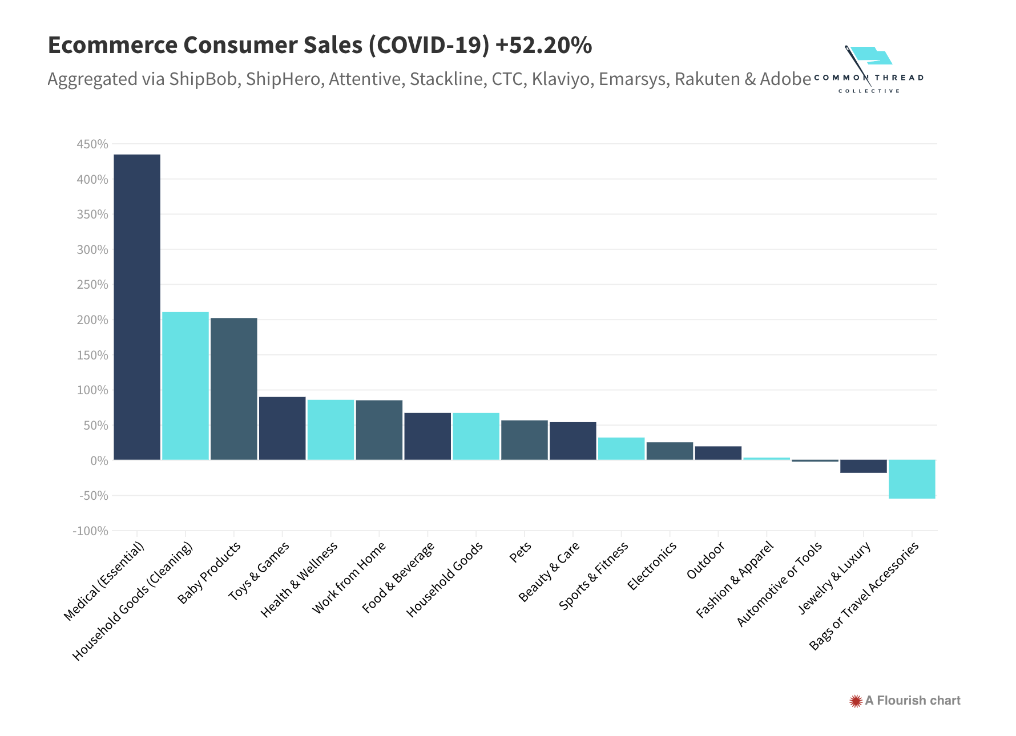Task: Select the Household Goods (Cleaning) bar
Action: [186, 386]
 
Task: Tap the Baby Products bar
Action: [234, 389]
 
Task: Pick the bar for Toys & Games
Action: [283, 428]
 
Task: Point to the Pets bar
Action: [525, 440]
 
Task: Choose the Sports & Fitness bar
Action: [622, 448]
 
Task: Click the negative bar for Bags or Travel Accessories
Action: [912, 479]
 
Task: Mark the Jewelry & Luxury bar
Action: [864, 466]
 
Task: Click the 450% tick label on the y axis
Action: [92, 144]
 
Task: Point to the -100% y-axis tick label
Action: [91, 531]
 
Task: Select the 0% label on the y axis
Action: [99, 461]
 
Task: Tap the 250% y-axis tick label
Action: [92, 285]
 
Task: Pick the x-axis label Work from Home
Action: [349, 577]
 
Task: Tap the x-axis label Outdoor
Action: [705, 560]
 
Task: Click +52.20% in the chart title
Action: [544, 45]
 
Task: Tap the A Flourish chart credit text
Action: [912, 701]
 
